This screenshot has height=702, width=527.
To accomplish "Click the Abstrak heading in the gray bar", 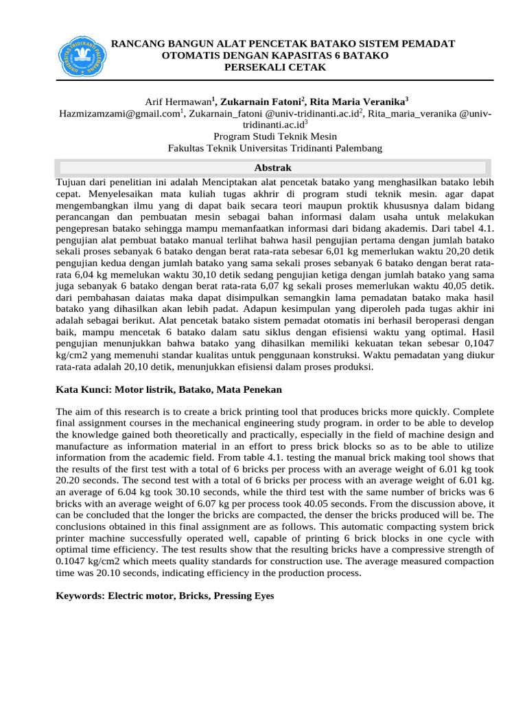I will [273, 167].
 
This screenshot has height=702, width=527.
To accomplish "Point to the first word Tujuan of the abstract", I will [70, 183].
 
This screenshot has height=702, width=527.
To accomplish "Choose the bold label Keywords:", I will [79, 596].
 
